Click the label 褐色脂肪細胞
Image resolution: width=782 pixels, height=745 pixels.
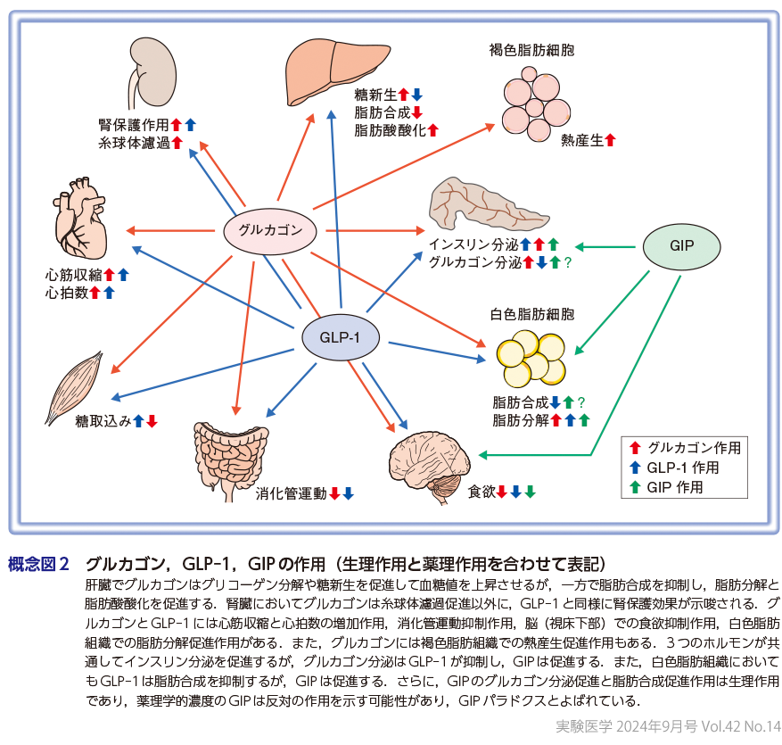click(x=531, y=51)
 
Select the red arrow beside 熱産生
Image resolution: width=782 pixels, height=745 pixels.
click(x=611, y=140)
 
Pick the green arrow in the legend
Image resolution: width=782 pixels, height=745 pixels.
click(x=635, y=486)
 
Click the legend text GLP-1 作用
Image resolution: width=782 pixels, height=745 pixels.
click(x=683, y=467)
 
